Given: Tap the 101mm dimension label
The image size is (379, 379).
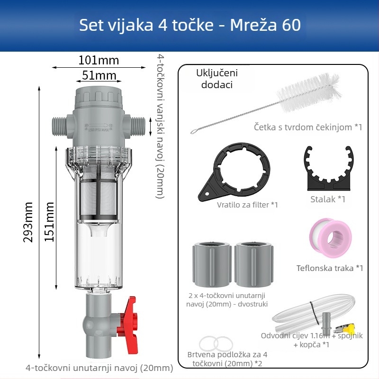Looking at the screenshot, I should [x=99, y=60].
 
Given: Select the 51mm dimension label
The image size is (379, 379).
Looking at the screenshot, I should [x=99, y=75].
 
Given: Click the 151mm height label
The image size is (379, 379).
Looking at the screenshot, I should [x=49, y=222].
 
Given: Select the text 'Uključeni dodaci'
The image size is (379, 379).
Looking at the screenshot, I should [x=217, y=79].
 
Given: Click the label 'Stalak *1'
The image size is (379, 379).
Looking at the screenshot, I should [x=328, y=199].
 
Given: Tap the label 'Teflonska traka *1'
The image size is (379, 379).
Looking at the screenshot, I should [x=330, y=268].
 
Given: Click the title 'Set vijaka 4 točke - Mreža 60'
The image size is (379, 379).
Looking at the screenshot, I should [x=189, y=25].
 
